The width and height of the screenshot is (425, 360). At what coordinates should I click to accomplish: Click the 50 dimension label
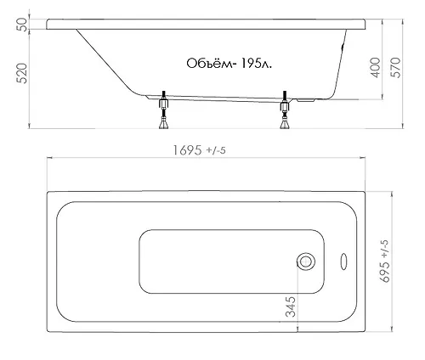pyautogui.click(x=23, y=25)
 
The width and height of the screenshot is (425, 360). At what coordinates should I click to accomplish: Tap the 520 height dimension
pyautogui.click(x=22, y=73)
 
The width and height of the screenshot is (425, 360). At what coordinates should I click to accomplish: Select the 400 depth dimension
pyautogui.click(x=376, y=68)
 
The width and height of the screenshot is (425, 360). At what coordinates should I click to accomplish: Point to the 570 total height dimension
pyautogui.click(x=396, y=68)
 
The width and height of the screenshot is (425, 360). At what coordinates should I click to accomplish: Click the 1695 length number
pyautogui.click(x=188, y=150)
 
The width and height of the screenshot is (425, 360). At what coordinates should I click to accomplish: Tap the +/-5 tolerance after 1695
pyautogui.click(x=216, y=150)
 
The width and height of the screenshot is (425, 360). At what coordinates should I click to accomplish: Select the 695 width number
pyautogui.click(x=384, y=272)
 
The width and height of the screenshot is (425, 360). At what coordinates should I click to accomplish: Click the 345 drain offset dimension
pyautogui.click(x=291, y=307)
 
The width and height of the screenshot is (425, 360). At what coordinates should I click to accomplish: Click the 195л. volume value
pyautogui.click(x=256, y=64)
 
